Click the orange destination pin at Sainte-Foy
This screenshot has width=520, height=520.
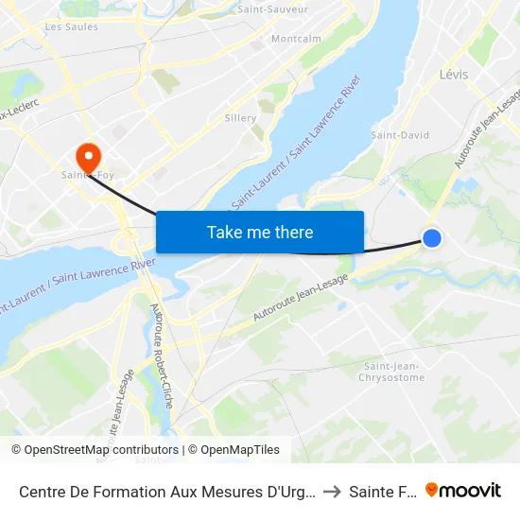(x=88, y=157)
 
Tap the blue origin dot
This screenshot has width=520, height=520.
(x=431, y=238)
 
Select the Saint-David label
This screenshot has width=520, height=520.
(x=400, y=135)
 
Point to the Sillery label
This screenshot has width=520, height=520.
(x=240, y=118)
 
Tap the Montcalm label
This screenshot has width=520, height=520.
(x=296, y=39)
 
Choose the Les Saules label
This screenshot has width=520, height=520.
(x=71, y=27)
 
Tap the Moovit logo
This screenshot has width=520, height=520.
(x=463, y=490)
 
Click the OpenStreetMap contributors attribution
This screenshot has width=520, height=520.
(x=95, y=450)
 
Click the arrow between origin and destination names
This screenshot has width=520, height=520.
(x=331, y=491)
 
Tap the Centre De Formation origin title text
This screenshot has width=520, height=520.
(x=166, y=491)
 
